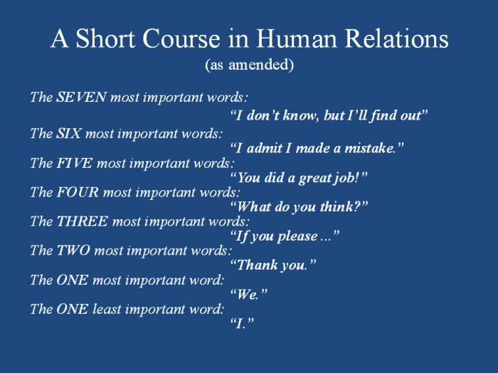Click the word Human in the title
[x=297, y=38]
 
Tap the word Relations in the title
[x=396, y=38]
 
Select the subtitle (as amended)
[x=249, y=65]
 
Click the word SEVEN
[x=81, y=97]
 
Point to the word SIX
[x=68, y=133]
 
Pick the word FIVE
[x=74, y=163]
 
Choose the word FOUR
[x=78, y=192]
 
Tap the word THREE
[x=83, y=221]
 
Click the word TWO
[x=73, y=251]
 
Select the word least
[x=107, y=309]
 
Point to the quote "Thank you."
[x=273, y=266]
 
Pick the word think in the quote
[x=337, y=207]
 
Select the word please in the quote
[x=297, y=237]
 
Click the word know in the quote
[x=300, y=115]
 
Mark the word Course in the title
[x=181, y=38]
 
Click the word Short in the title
[x=105, y=38]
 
